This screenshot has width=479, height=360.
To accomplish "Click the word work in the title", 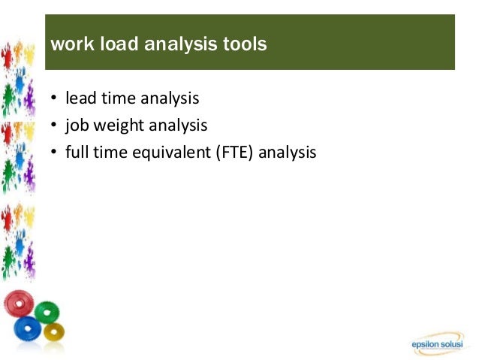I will click(x=68, y=45).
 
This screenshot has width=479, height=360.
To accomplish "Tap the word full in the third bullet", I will click(x=76, y=152).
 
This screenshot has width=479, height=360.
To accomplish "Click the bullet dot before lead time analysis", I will click(x=54, y=98).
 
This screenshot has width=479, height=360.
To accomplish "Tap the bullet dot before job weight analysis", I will click(x=54, y=126).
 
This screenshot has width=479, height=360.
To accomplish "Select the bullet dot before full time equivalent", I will click(x=54, y=153).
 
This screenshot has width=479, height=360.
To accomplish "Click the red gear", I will click(x=18, y=304).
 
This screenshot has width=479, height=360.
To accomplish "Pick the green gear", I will click(x=47, y=312).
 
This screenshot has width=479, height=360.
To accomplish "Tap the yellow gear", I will click(x=53, y=331).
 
